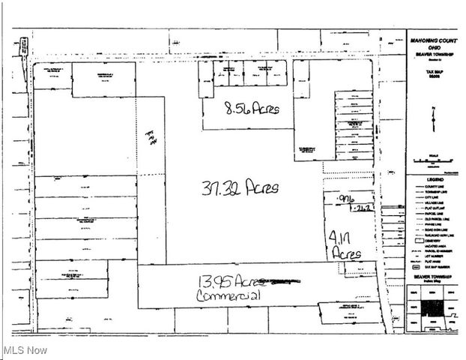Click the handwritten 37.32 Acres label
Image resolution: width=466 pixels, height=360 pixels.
pyautogui.click(x=240, y=187)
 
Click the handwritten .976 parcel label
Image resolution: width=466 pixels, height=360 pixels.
pyautogui.click(x=345, y=198)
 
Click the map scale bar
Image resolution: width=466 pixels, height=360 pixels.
pyautogui.click(x=433, y=160)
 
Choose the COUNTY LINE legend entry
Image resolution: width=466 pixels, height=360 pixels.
pyautogui.click(x=438, y=187)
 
